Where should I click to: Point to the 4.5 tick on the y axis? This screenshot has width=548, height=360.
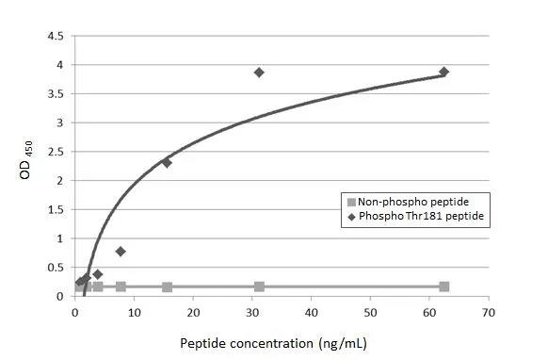[x=56, y=36]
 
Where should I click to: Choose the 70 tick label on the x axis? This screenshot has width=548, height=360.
[x=487, y=310]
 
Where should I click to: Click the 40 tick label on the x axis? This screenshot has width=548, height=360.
[x=311, y=310]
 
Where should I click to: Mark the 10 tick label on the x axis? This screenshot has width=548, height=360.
[x=135, y=310]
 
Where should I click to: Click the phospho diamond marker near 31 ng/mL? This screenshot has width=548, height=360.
[x=259, y=73]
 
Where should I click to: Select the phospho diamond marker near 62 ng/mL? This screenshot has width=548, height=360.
[x=443, y=72]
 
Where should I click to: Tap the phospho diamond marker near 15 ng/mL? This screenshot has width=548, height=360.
[x=167, y=162]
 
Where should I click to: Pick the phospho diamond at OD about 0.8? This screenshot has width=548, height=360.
[x=121, y=252]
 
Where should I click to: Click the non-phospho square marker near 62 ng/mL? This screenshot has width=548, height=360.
[x=443, y=286]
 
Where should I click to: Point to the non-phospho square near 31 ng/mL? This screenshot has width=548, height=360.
[x=259, y=286]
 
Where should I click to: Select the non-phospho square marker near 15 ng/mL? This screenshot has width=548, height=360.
[x=167, y=286]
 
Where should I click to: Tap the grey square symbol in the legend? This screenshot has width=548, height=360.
[x=351, y=202]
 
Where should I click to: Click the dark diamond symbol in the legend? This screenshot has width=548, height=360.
[x=351, y=217]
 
